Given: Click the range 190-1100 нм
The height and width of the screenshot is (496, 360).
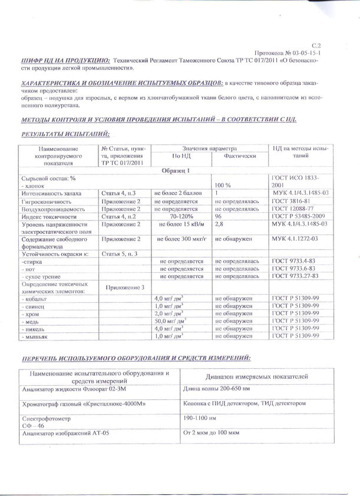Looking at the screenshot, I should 201,417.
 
